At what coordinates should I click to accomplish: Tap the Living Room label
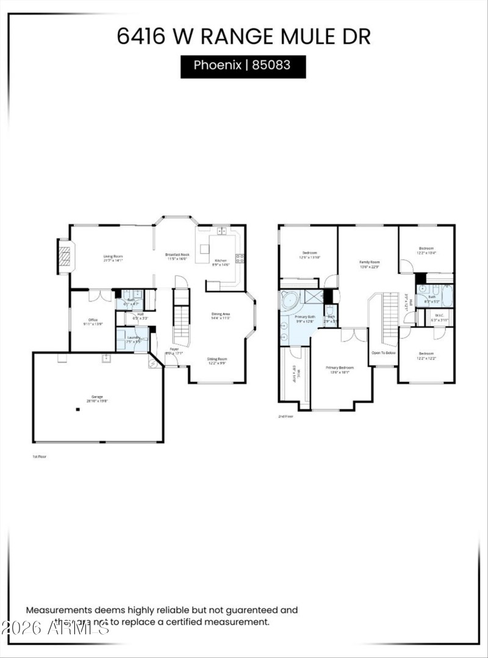[x=113, y=256]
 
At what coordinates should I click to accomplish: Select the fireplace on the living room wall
[x=65, y=257]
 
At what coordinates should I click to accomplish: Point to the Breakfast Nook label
[x=178, y=255]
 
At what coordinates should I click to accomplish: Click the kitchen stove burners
[x=240, y=258]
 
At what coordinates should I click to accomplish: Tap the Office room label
[x=93, y=320]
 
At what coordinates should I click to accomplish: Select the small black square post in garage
[x=78, y=410]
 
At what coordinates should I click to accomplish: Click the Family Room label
[x=369, y=261]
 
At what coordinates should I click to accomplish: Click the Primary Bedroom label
[x=339, y=367]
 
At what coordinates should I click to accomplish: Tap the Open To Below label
[x=384, y=353]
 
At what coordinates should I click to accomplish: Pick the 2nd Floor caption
[x=286, y=416]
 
